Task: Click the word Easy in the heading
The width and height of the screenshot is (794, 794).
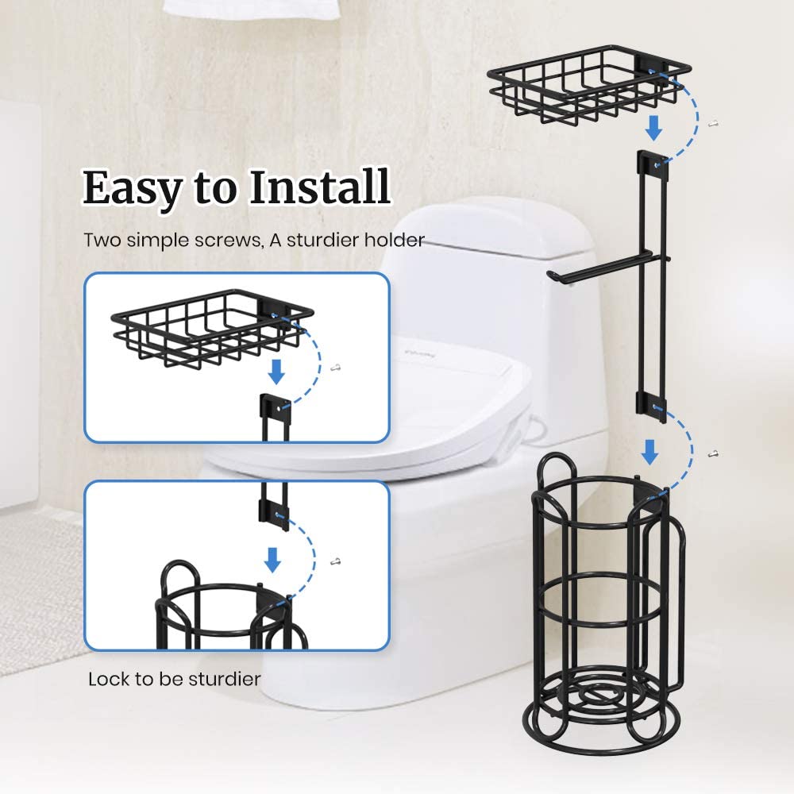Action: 129,189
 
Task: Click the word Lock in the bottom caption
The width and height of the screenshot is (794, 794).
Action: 106,679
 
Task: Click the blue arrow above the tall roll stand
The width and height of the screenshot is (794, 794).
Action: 649,453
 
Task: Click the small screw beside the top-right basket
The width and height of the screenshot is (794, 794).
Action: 714,123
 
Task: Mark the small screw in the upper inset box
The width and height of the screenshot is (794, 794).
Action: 336,367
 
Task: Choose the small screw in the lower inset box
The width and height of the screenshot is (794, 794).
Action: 337,561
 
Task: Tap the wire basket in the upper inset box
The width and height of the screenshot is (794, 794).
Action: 208,326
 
